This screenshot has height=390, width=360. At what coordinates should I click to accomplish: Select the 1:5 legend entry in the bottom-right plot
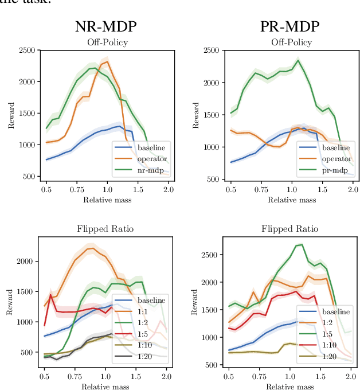(326, 333)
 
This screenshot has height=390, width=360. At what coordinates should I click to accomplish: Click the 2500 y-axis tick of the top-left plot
(26, 50)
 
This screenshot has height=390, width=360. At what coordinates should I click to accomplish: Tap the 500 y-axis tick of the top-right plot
(212, 180)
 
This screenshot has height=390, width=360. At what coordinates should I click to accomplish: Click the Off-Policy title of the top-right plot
(291, 43)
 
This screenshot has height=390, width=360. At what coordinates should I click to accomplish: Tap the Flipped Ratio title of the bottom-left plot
(105, 229)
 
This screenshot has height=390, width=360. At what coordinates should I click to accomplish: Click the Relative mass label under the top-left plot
(106, 200)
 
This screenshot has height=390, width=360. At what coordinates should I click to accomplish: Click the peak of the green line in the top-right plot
(298, 60)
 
